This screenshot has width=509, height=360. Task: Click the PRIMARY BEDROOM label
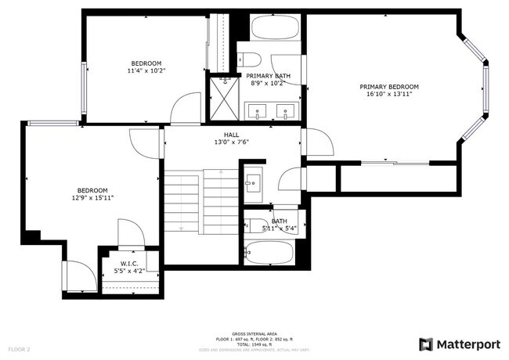pyautogui.click(x=389, y=87)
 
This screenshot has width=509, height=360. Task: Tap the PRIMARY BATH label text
pyautogui.click(x=271, y=75)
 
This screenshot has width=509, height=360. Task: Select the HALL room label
pyautogui.click(x=231, y=135)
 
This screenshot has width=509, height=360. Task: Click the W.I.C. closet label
pyautogui.click(x=129, y=263)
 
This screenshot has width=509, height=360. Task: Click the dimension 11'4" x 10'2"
pyautogui.click(x=146, y=70)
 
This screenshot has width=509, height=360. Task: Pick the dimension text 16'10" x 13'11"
pyautogui.click(x=389, y=94)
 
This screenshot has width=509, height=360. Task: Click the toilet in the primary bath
pyautogui.click(x=249, y=59)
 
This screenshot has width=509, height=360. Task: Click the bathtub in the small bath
pyautogui.click(x=269, y=253)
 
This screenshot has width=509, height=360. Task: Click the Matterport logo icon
pyautogui.click(x=426, y=344)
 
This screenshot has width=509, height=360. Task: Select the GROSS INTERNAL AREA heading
pyautogui.click(x=254, y=332)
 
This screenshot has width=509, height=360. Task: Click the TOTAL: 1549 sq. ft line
pyautogui.click(x=254, y=343)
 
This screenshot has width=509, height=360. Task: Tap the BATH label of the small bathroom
pyautogui.click(x=279, y=221)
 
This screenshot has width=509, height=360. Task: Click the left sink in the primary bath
pyautogui.click(x=258, y=112)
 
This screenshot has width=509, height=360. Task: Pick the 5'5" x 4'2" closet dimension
pyautogui.click(x=129, y=270)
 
